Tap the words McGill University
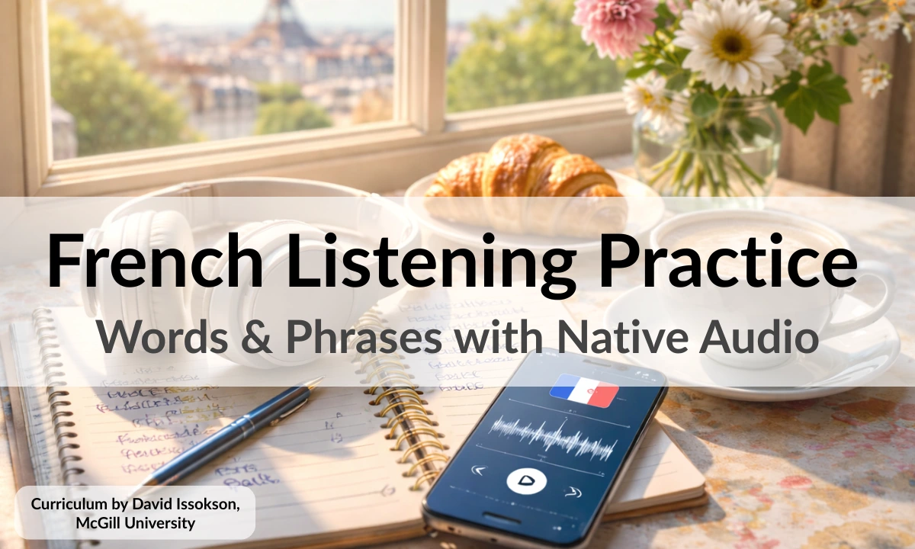point(135,523)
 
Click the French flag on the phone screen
point(583,390)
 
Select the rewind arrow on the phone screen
point(479,470)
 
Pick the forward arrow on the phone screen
point(573,493)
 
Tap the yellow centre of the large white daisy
point(730,45)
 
